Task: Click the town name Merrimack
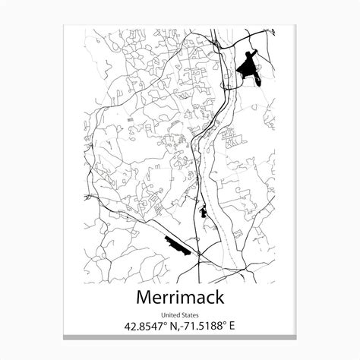pyautogui.click(x=180, y=296)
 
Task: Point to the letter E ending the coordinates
pyautogui.click(x=232, y=327)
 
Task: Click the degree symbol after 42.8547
pyautogui.click(x=164, y=324)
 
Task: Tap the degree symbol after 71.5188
pyautogui.click(x=224, y=324)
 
